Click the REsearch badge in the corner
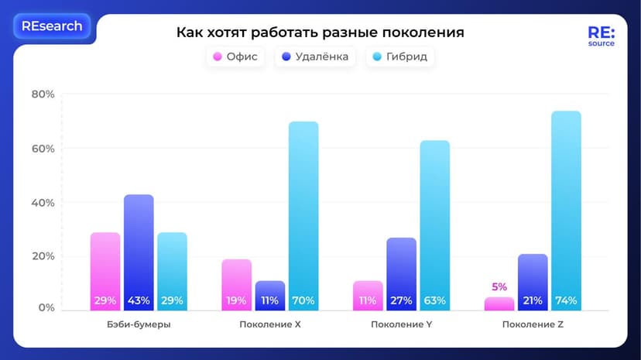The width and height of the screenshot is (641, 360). [x=52, y=26]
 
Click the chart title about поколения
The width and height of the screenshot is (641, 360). [x=320, y=33]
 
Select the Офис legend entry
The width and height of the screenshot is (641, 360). [x=235, y=57]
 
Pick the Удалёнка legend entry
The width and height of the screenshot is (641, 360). [x=314, y=57]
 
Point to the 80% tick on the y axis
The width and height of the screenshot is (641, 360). [x=43, y=94]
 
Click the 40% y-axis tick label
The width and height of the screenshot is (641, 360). [x=43, y=203]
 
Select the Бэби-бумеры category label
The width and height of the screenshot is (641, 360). [x=139, y=324]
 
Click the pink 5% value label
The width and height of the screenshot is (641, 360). [x=499, y=287]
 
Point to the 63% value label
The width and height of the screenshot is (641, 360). [x=434, y=300]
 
